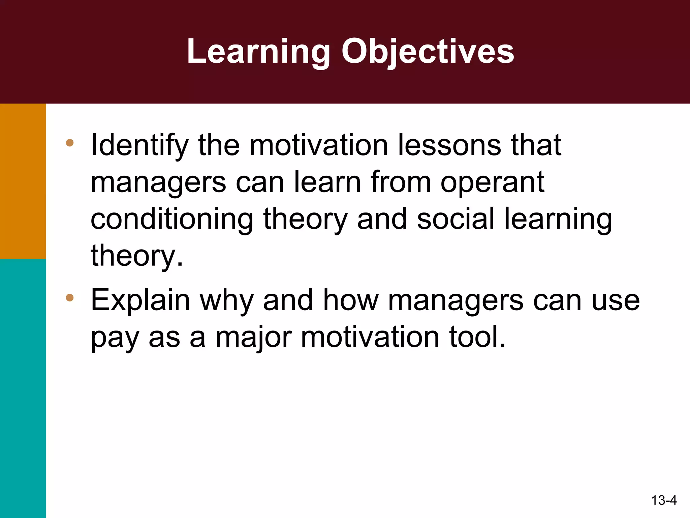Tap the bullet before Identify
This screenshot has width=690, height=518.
point(70,143)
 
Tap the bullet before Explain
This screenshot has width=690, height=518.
point(70,297)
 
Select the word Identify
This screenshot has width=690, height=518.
point(139,146)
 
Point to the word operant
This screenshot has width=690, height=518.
point(493,183)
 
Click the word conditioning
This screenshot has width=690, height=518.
point(172,220)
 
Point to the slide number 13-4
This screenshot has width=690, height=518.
point(664,500)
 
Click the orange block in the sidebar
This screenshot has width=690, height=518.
point(23,181)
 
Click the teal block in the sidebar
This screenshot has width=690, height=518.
point(23,388)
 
